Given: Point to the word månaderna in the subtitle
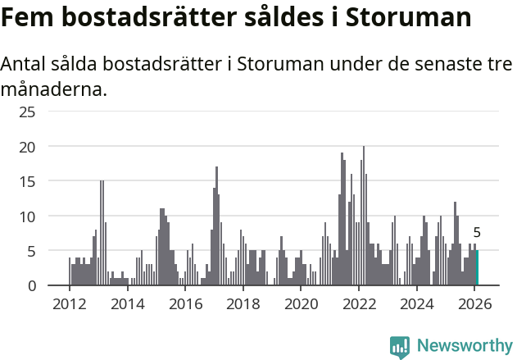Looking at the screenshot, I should [x=54, y=89].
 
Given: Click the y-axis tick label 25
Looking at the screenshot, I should [x=27, y=112].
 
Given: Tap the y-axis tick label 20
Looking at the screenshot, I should [x=27, y=147].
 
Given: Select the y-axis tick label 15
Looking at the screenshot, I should [x=27, y=181].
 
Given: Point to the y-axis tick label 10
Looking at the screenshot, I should [x=27, y=216].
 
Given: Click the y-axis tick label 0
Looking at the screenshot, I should [x=31, y=285].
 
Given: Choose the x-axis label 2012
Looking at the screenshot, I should [x=70, y=304].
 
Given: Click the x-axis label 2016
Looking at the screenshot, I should [x=185, y=304].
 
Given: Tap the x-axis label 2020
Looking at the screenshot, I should [x=301, y=304].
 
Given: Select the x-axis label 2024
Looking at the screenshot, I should [x=416, y=304].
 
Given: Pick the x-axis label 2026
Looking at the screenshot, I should [x=474, y=304].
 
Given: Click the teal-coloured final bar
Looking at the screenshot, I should [x=477, y=268].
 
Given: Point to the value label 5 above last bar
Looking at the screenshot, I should [x=477, y=233].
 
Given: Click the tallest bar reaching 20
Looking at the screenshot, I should [x=364, y=216].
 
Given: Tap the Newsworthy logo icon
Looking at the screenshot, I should [x=400, y=347].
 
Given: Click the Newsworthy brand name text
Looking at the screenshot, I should [x=464, y=346].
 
